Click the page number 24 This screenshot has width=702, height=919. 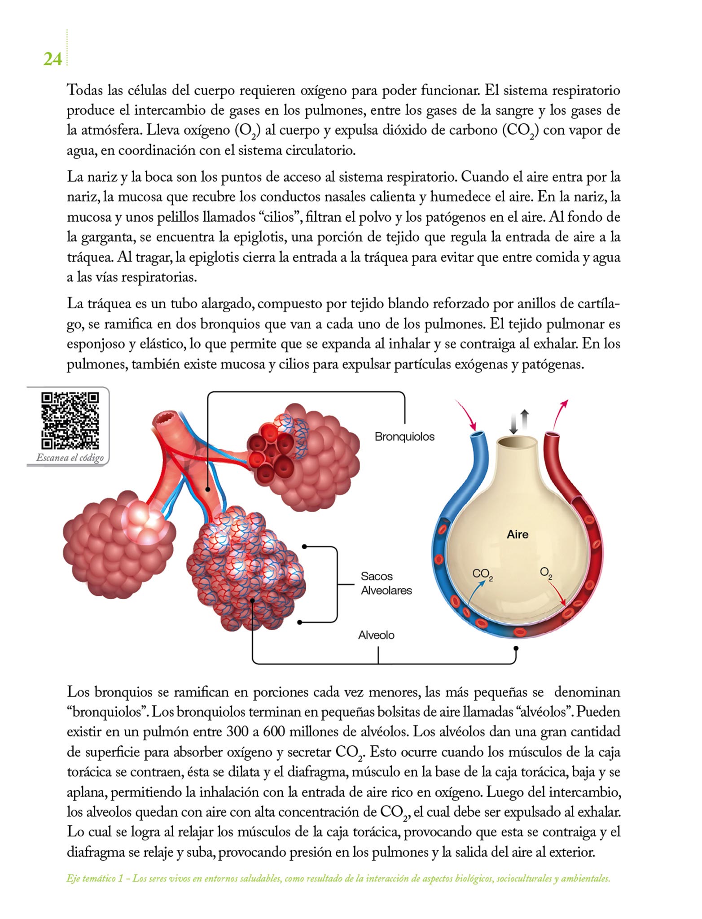pyautogui.click(x=53, y=59)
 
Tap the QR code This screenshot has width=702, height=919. pyautogui.click(x=70, y=420)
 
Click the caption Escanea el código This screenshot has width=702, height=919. pyautogui.click(x=70, y=458)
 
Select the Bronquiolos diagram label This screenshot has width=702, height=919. pyautogui.click(x=404, y=437)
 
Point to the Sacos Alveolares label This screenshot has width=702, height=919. pyautogui.click(x=386, y=583)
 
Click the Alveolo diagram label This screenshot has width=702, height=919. pyautogui.click(x=376, y=635)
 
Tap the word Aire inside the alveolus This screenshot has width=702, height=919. pyautogui.click(x=518, y=534)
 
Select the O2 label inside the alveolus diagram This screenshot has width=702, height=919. pyautogui.click(x=546, y=573)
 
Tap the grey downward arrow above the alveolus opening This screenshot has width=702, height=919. pyautogui.click(x=514, y=424)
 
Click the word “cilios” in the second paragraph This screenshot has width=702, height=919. pyautogui.click(x=278, y=217)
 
